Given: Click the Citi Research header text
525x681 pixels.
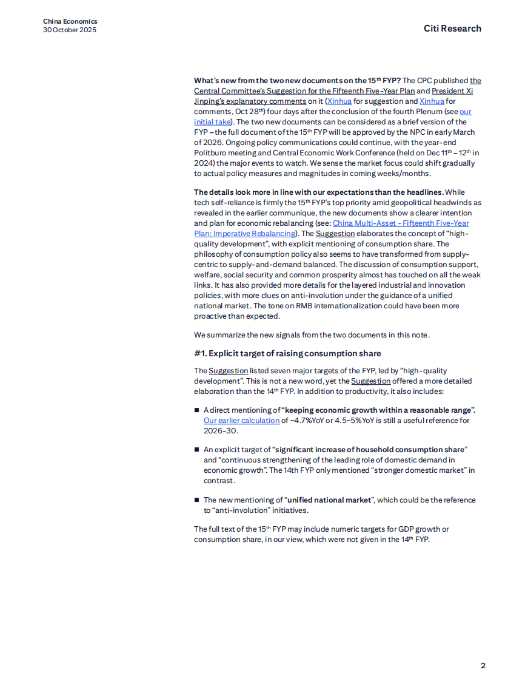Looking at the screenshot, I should pyautogui.click(x=452, y=29).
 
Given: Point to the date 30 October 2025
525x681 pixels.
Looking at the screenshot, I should pyautogui.click(x=70, y=30).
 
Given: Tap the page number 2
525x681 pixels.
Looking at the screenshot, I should pyautogui.click(x=483, y=665).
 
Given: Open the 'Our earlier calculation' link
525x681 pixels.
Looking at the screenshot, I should pyautogui.click(x=241, y=420).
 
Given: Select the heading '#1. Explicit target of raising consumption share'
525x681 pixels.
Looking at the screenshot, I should pyautogui.click(x=287, y=353).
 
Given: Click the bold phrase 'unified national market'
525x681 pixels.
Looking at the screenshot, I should pyautogui.click(x=329, y=500).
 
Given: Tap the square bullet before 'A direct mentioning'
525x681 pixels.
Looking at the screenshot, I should pyautogui.click(x=197, y=410).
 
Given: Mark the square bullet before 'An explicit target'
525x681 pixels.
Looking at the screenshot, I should pyautogui.click(x=197, y=450).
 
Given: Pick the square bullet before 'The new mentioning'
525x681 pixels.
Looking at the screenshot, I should pyautogui.click(x=197, y=500).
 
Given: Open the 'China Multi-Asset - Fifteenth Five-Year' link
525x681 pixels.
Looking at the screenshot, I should pyautogui.click(x=401, y=223).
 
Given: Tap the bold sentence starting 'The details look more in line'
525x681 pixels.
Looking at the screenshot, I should pyautogui.click(x=319, y=192).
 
